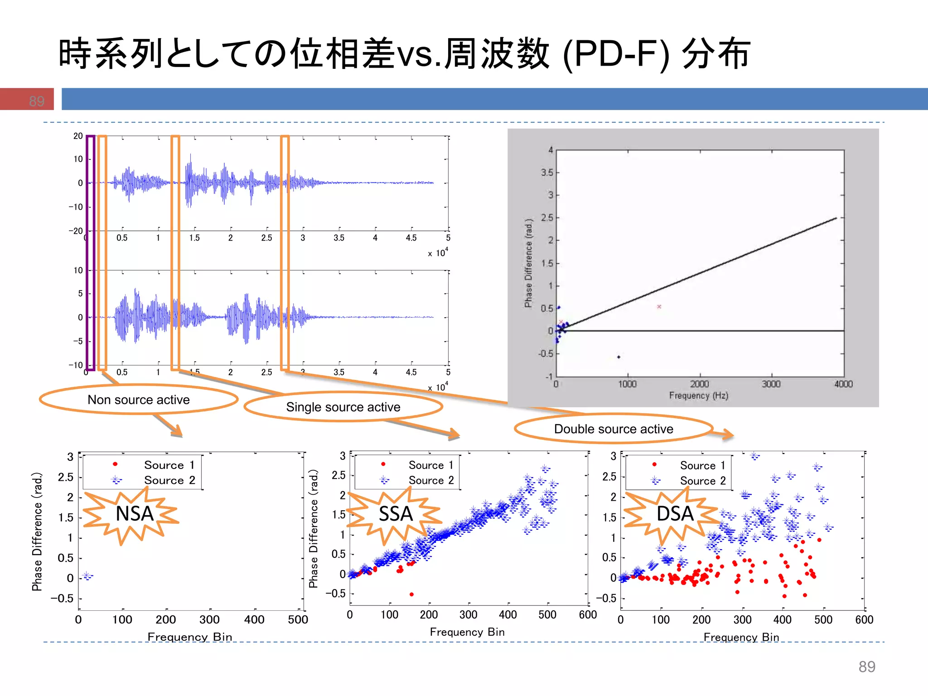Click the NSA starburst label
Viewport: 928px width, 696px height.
click(134, 514)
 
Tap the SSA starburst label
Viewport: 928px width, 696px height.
click(396, 514)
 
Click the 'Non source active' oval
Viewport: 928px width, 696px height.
click(138, 400)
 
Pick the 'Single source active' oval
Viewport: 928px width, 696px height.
click(343, 407)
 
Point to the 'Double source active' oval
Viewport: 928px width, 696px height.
click(614, 429)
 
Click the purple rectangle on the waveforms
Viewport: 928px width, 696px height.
click(91, 252)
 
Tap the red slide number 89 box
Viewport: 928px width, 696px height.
click(27, 99)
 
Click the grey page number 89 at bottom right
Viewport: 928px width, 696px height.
click(866, 667)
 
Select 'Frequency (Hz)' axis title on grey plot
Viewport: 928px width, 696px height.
click(698, 396)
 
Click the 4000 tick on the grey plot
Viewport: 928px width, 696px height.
click(843, 384)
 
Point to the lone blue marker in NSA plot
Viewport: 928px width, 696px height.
click(87, 576)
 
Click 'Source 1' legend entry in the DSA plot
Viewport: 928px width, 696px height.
click(702, 465)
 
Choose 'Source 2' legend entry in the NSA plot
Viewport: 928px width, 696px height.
click(169, 480)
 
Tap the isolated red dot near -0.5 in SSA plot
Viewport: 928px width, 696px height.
click(411, 594)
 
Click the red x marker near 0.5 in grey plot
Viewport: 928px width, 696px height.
click(659, 307)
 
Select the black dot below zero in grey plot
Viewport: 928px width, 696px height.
click(619, 357)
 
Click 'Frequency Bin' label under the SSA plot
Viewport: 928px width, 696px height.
click(467, 632)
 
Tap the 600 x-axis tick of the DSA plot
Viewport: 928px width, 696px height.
click(864, 620)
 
